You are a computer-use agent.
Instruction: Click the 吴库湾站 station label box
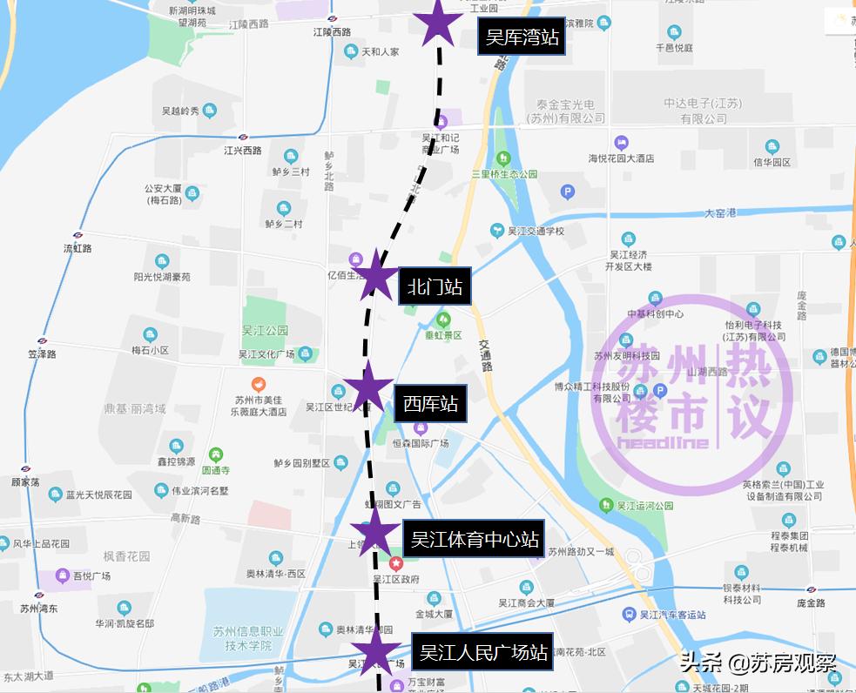coord(522,38)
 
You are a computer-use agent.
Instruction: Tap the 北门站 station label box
coord(435,286)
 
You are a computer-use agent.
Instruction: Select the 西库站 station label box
coord(430,404)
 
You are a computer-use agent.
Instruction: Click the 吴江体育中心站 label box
coord(475,540)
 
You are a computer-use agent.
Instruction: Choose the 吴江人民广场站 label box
coord(484,651)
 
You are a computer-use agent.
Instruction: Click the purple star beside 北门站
coord(376,275)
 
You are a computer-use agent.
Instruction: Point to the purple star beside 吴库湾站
coord(438,22)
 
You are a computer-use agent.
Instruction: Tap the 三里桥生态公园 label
coord(504,173)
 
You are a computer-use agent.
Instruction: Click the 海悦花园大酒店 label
coord(621,158)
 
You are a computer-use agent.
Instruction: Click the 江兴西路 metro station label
coord(242,150)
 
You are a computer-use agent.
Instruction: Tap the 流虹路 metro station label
coord(78,248)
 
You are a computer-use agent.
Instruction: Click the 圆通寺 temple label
coord(215,469)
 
